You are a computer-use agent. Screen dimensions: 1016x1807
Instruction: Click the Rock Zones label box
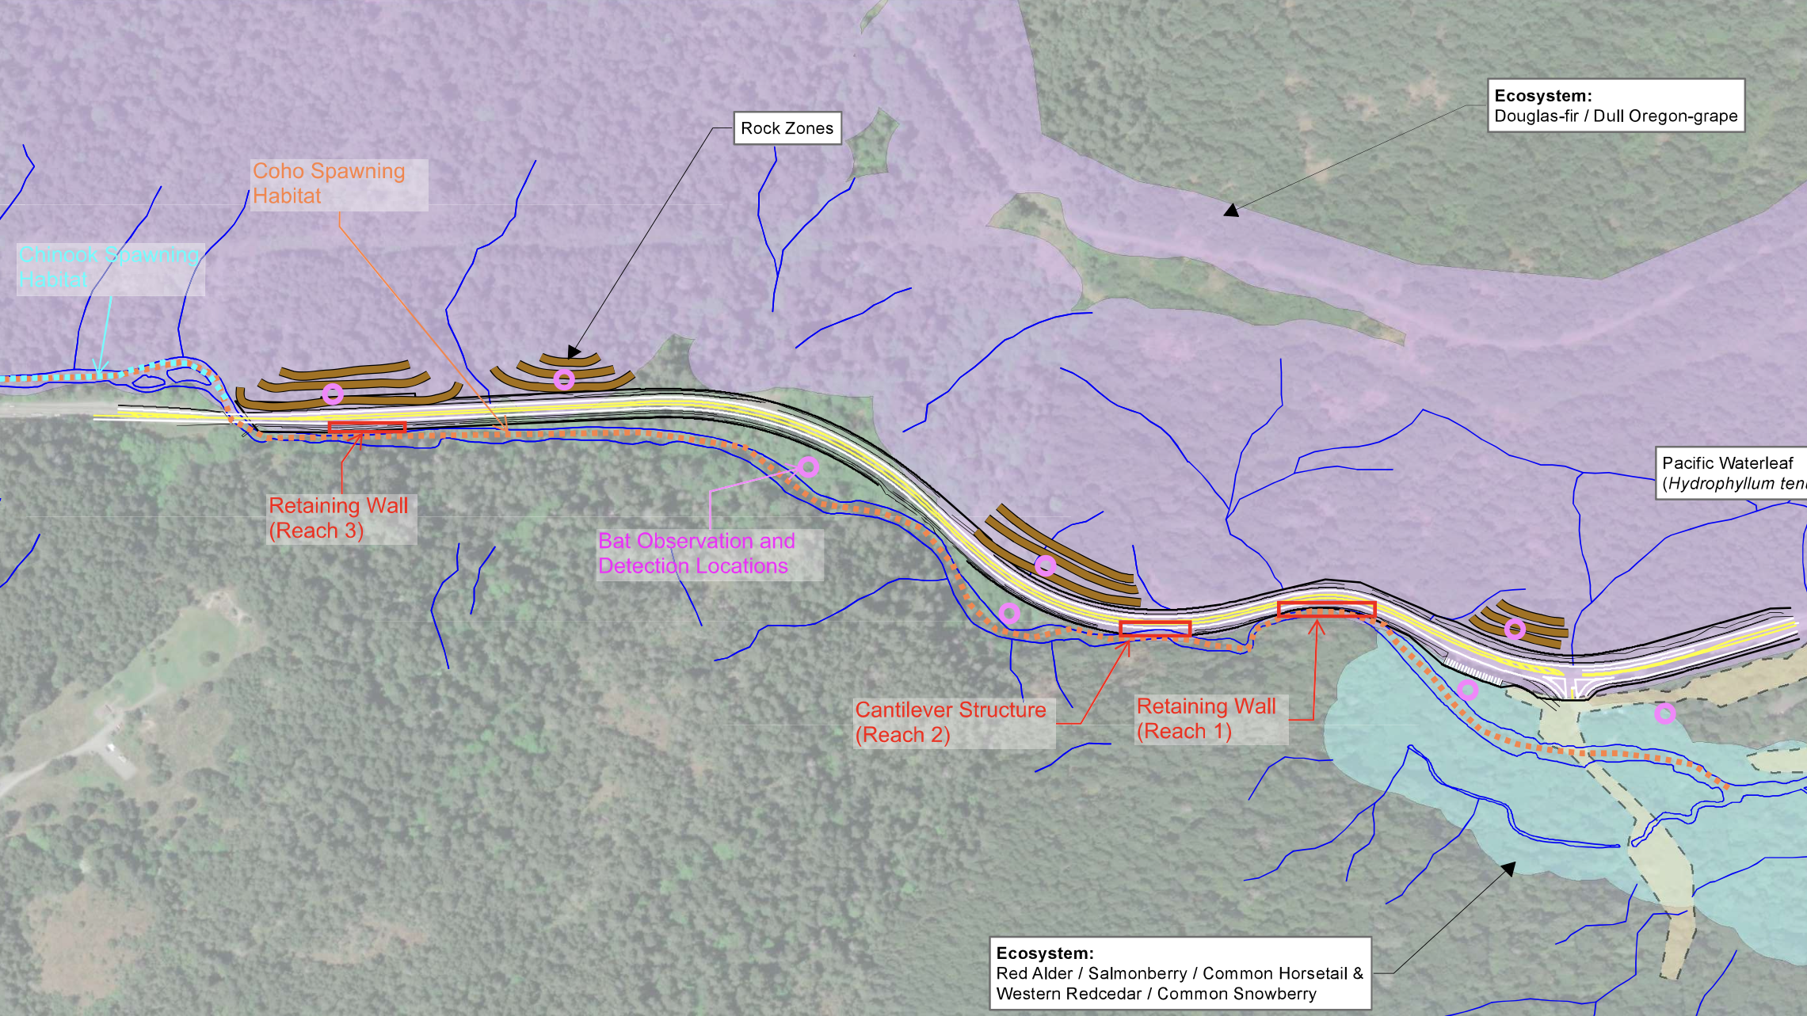(x=787, y=128)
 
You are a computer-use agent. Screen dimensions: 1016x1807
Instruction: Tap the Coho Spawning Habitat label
(x=329, y=184)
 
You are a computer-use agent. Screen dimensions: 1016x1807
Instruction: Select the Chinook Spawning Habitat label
(x=109, y=268)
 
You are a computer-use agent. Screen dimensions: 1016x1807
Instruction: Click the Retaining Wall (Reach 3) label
(x=339, y=518)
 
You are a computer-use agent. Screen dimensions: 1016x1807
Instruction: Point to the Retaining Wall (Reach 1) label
(x=1207, y=718)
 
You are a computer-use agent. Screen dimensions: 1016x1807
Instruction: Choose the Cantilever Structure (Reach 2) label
(x=951, y=721)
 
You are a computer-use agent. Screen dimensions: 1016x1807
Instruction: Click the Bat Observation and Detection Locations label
(x=696, y=554)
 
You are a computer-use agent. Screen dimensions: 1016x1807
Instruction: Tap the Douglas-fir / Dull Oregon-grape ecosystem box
(x=1615, y=105)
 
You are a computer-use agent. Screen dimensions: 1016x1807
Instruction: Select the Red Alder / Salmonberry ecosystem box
(x=1180, y=973)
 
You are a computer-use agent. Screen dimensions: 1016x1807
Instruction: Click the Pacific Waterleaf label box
(x=1731, y=474)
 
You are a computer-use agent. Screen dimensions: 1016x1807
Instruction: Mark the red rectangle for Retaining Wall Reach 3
(x=367, y=428)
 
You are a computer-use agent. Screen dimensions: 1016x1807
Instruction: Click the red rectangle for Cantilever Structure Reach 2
(x=1155, y=629)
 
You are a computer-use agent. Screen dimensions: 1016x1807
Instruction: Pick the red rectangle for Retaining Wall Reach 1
(x=1326, y=609)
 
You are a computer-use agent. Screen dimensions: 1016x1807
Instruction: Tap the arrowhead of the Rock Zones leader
(x=573, y=353)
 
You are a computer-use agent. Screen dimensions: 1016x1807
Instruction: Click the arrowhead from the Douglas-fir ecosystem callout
(x=1230, y=211)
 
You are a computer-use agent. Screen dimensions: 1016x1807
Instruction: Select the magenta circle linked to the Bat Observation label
(x=808, y=466)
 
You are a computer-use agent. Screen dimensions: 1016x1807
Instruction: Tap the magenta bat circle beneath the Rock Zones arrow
(x=563, y=379)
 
